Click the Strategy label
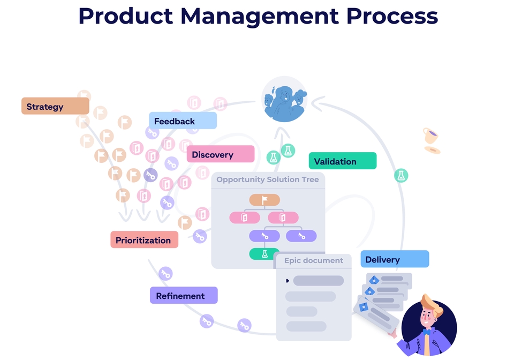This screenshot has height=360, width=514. [x=55, y=106]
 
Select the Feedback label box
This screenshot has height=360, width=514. [x=183, y=121]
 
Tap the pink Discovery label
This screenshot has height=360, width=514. [x=220, y=154]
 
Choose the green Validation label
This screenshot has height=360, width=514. [x=343, y=161]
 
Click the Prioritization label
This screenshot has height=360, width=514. [x=144, y=239]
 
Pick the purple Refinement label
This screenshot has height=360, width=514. [x=184, y=295]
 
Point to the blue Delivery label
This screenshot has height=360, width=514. [x=395, y=259]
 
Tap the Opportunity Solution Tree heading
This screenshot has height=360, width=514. [x=268, y=179]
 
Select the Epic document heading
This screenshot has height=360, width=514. [x=313, y=260]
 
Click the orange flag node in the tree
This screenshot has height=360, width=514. [x=264, y=200]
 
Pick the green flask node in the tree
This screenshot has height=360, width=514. [x=264, y=254]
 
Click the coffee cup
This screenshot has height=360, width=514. [x=430, y=136]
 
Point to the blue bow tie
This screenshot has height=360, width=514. [x=427, y=333]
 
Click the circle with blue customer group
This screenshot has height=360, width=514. [x=284, y=99]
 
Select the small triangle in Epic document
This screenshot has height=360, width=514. [x=288, y=281]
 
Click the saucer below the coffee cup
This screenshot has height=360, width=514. [x=433, y=150]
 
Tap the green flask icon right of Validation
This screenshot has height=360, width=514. [x=401, y=176]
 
